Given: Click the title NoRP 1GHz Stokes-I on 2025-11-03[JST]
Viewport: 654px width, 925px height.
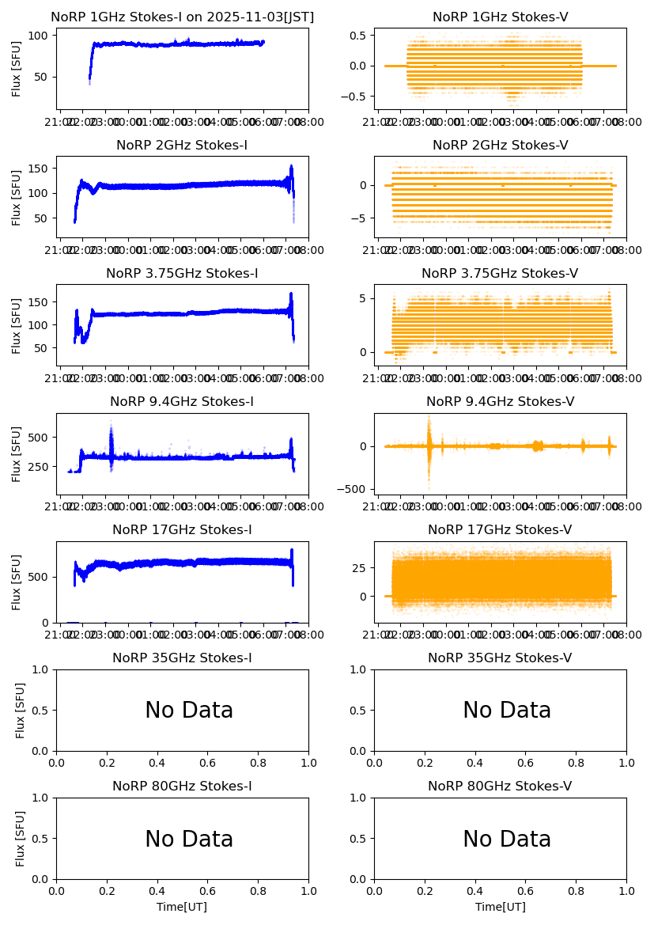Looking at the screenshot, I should (182, 17).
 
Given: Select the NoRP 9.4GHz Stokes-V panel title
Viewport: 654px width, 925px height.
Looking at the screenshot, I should (500, 402).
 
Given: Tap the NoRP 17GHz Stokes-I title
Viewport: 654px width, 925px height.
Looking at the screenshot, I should (182, 530).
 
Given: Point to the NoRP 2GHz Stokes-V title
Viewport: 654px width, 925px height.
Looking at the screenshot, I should (500, 146).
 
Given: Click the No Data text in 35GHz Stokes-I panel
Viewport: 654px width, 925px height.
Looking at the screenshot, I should (189, 711).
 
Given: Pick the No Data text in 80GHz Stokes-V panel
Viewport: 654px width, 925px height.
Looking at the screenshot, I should (507, 840).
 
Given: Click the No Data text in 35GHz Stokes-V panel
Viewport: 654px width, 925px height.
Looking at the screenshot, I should (507, 711).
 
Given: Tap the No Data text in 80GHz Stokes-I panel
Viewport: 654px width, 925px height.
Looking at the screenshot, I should (189, 840).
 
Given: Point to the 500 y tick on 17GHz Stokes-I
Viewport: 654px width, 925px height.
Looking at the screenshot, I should (40, 576).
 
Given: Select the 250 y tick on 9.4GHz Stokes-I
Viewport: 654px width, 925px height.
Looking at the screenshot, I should (40, 467).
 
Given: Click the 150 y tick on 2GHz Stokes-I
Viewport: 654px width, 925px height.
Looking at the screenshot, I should (40, 168).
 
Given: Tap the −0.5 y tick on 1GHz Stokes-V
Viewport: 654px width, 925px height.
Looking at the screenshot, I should (359, 96).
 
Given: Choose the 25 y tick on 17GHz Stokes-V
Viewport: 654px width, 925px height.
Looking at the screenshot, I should (365, 568).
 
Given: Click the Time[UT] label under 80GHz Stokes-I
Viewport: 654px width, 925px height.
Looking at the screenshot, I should (182, 907).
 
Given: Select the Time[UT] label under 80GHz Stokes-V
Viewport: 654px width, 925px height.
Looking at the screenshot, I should (500, 907).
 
